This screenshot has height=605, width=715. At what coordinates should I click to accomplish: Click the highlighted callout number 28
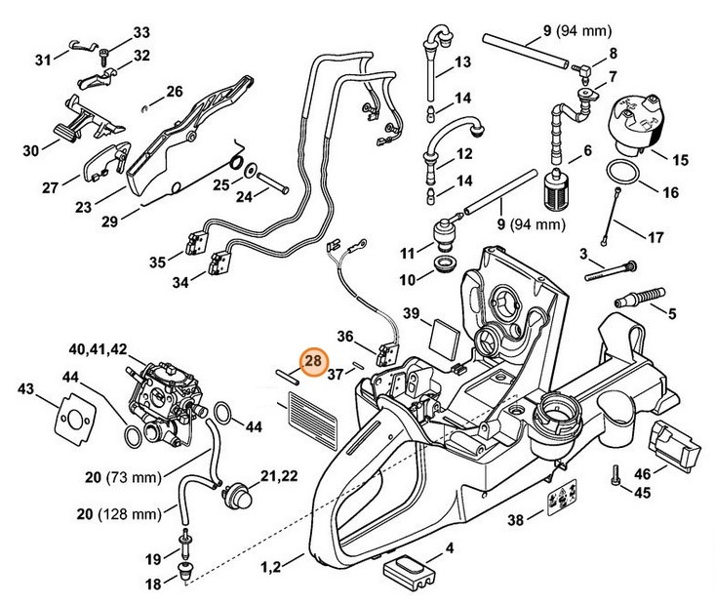point(313,363)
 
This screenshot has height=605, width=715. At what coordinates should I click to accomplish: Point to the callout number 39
point(412,312)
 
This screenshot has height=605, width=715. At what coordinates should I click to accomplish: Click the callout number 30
point(30,151)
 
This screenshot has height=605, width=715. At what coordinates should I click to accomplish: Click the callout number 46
point(643,475)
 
